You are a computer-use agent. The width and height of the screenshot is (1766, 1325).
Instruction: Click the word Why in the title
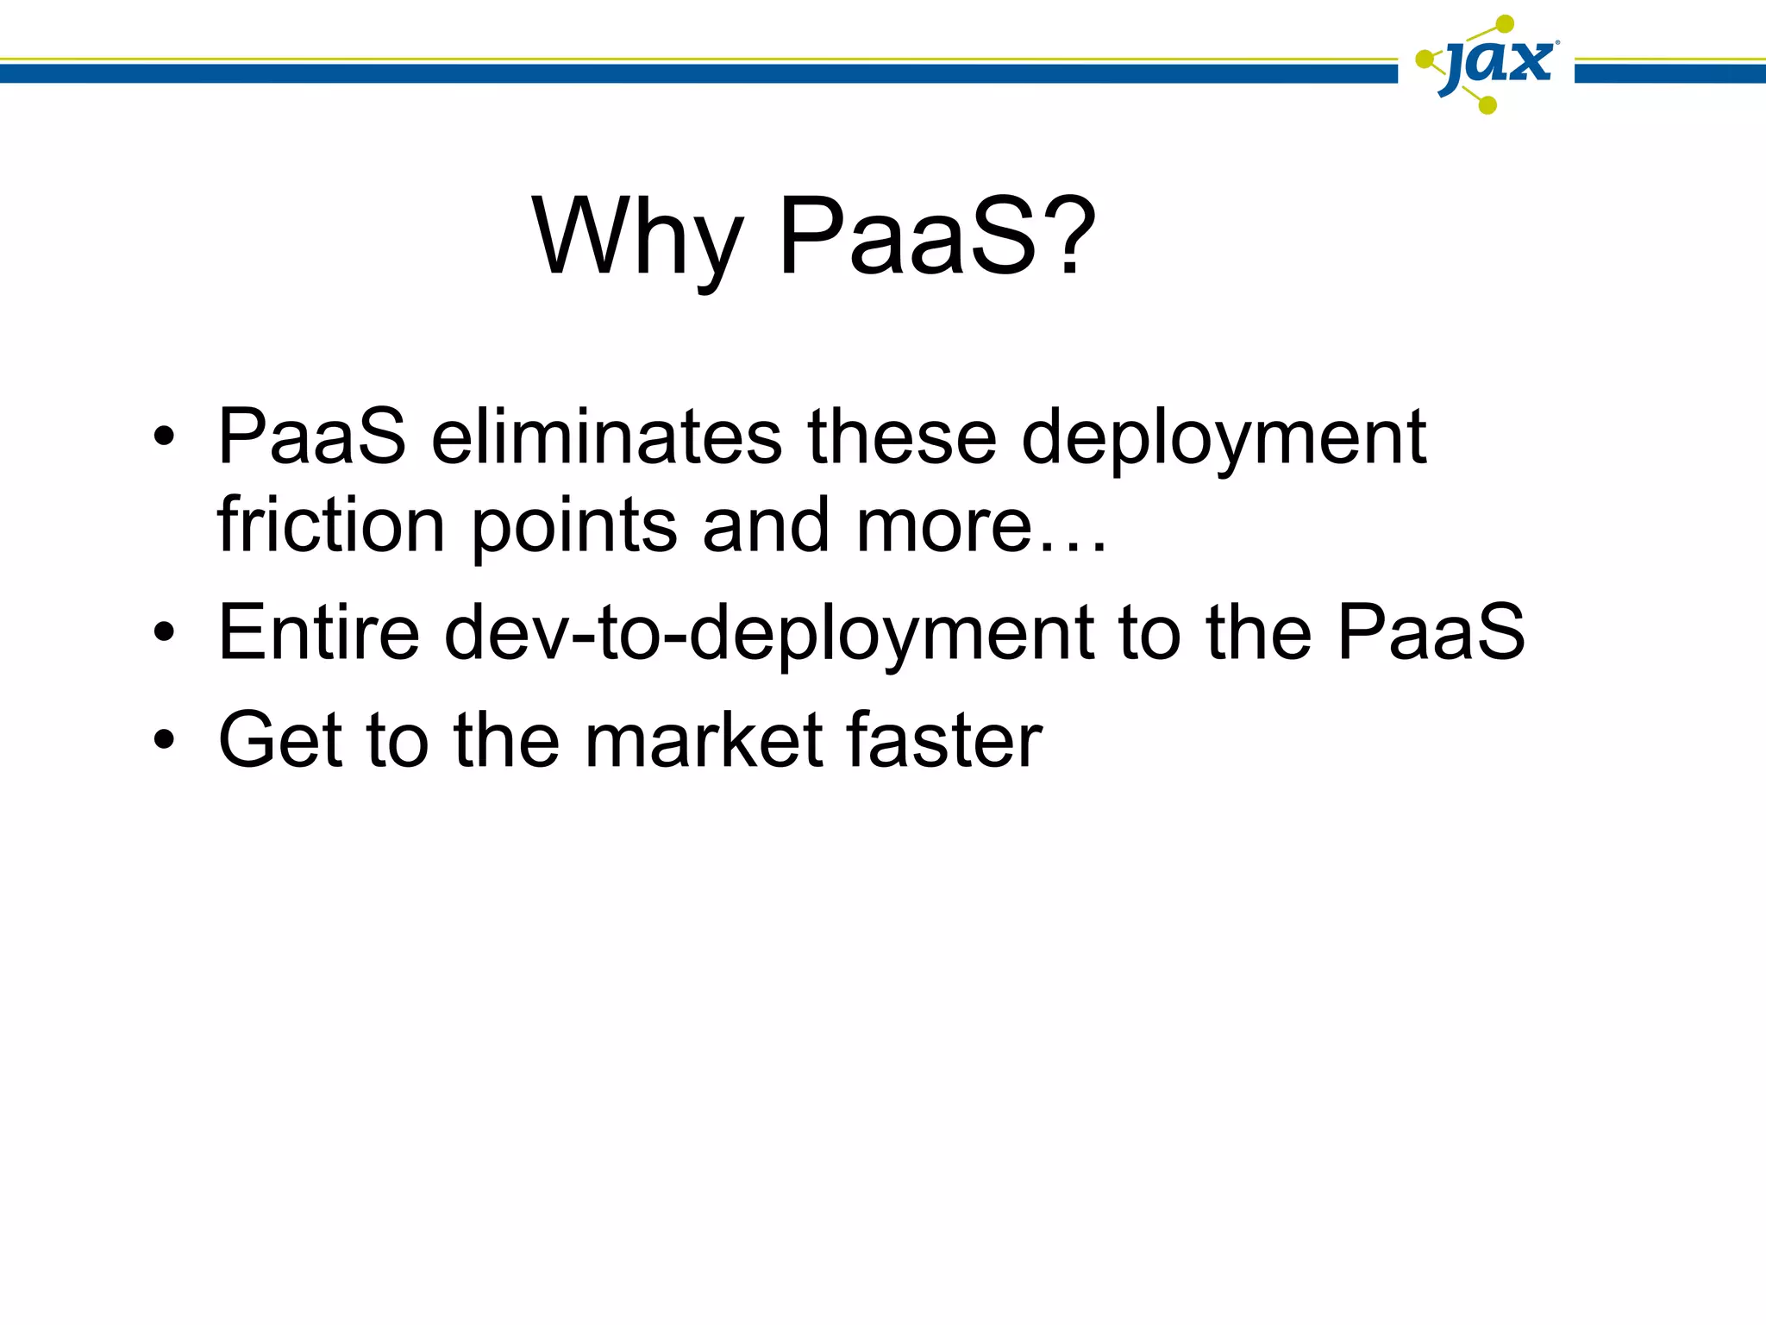[x=636, y=237]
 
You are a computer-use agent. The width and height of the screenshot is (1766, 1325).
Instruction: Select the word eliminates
[x=606, y=436]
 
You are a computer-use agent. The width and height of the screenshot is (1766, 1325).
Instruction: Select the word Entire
[x=318, y=631]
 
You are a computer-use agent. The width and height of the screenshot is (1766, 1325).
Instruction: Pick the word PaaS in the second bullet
[x=1431, y=631]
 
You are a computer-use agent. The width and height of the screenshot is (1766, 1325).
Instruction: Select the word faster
[x=944, y=740]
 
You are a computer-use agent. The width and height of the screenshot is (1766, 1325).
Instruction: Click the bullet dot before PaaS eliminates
[x=164, y=437]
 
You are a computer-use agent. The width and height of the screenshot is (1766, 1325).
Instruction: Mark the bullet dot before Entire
[x=164, y=633]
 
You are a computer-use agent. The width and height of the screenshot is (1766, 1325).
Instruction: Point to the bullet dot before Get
[x=164, y=740]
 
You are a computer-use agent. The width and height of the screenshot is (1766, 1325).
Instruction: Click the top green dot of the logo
[x=1505, y=23]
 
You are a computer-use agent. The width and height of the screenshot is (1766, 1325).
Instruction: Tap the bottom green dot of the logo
[x=1487, y=105]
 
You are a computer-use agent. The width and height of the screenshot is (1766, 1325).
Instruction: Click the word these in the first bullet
[x=901, y=436]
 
